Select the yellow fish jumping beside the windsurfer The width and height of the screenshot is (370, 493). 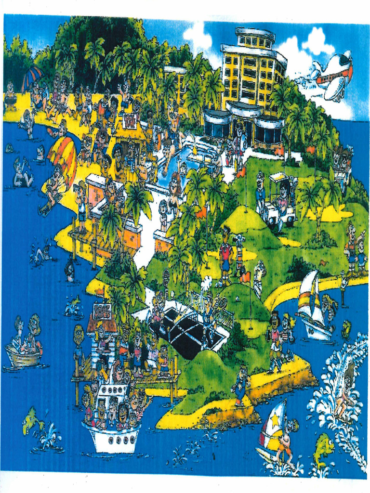tap(323, 447)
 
